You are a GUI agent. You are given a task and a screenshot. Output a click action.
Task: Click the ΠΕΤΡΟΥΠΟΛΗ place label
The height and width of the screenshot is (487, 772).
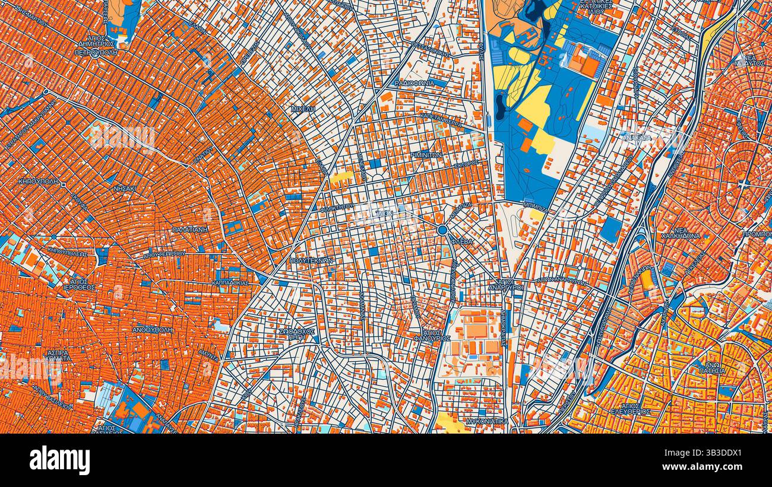point(96,52)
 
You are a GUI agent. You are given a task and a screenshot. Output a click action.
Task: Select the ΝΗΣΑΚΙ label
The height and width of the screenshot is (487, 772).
point(125,189)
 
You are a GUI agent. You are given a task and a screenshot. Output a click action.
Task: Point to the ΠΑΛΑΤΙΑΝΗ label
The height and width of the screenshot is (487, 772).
point(190,229)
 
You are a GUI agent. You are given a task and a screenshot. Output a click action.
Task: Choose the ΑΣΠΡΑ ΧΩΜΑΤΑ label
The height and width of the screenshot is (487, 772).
point(58,355)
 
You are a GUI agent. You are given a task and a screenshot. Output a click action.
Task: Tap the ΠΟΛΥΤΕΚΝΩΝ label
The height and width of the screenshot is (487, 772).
point(310,260)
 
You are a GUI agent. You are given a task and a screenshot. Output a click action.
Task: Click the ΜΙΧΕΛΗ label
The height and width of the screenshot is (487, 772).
point(303,109)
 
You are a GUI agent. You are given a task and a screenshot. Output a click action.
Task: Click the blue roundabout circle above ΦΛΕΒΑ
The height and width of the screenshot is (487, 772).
point(442,230)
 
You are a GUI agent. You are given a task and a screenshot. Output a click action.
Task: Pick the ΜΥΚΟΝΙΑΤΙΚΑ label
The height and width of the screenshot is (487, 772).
point(487,421)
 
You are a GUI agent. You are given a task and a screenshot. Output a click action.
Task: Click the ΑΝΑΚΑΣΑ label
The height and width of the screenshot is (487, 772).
point(637,138)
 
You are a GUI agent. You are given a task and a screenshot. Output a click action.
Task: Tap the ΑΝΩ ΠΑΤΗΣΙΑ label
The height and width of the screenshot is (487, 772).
point(711,368)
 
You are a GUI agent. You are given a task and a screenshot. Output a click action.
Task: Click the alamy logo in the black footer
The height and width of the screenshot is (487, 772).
point(60,460)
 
